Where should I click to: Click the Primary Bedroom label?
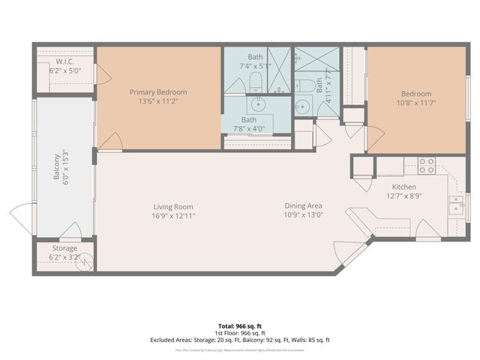[x=157, y=92]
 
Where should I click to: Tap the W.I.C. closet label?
[x=64, y=61]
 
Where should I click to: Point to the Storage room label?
[x=64, y=248]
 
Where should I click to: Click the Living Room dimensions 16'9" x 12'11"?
[x=174, y=216]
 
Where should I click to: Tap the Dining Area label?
[x=303, y=206]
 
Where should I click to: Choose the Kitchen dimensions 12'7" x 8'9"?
[x=403, y=196]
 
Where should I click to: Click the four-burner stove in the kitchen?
[x=427, y=163]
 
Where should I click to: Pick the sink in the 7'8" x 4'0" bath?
[x=260, y=104]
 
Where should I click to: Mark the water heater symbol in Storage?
[x=85, y=262]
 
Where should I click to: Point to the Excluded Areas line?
[x=240, y=340]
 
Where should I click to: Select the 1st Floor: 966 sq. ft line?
[x=240, y=332]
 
